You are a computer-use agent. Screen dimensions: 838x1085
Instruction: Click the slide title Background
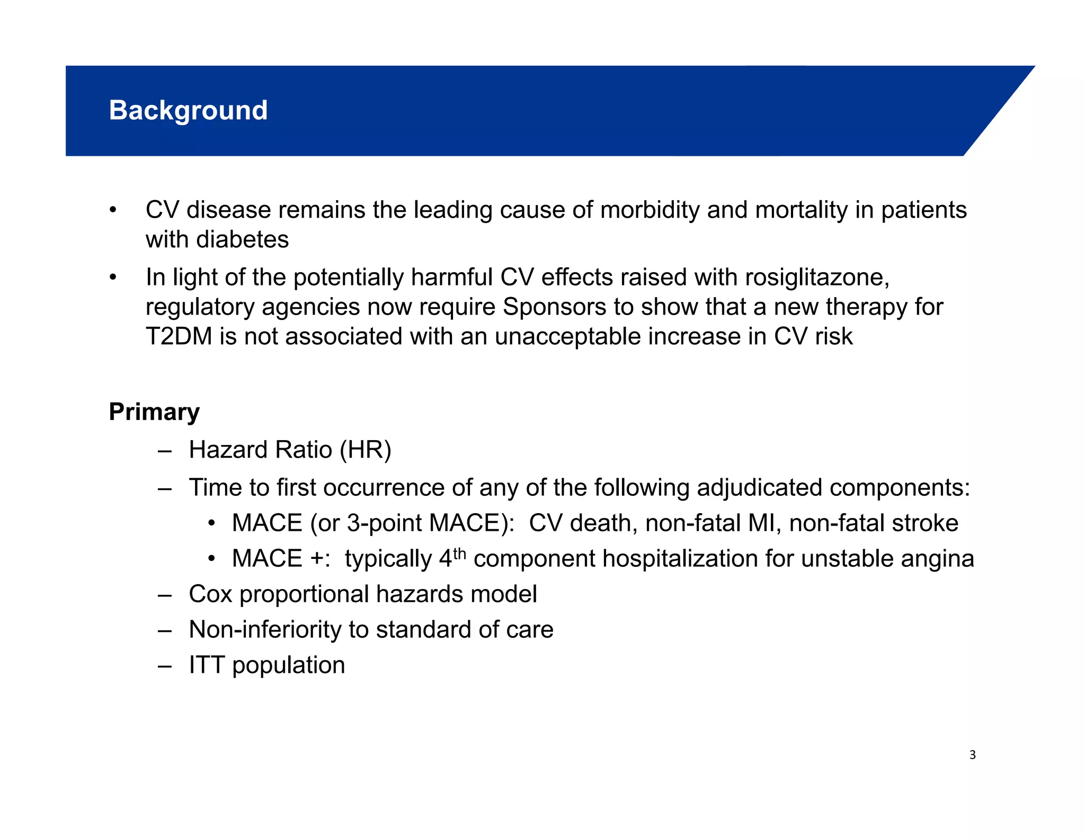[x=188, y=110]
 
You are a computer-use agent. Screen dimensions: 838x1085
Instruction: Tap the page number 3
[x=972, y=755]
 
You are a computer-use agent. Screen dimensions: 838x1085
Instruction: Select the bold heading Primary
[x=154, y=412]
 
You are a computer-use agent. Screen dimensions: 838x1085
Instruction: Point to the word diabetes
[x=242, y=239]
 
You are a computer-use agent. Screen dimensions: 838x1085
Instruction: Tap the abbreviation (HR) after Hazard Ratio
[x=365, y=450]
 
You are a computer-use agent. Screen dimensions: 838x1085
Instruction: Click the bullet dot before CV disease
[x=112, y=210]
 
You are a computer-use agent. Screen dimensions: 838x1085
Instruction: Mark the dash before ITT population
[x=165, y=666]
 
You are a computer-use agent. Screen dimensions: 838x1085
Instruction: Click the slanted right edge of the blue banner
[x=998, y=111]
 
